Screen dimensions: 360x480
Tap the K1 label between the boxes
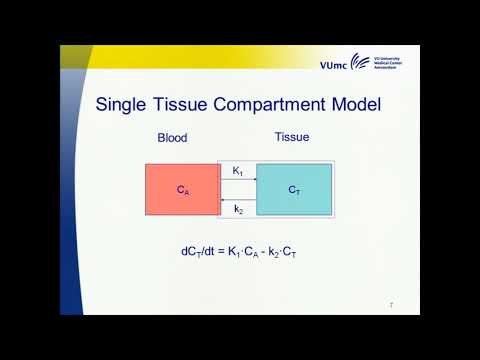[x=238, y=172]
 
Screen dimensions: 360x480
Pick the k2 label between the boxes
[x=238, y=209]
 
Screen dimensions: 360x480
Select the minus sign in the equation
[x=264, y=251]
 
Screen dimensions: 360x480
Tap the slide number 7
[x=390, y=304]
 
